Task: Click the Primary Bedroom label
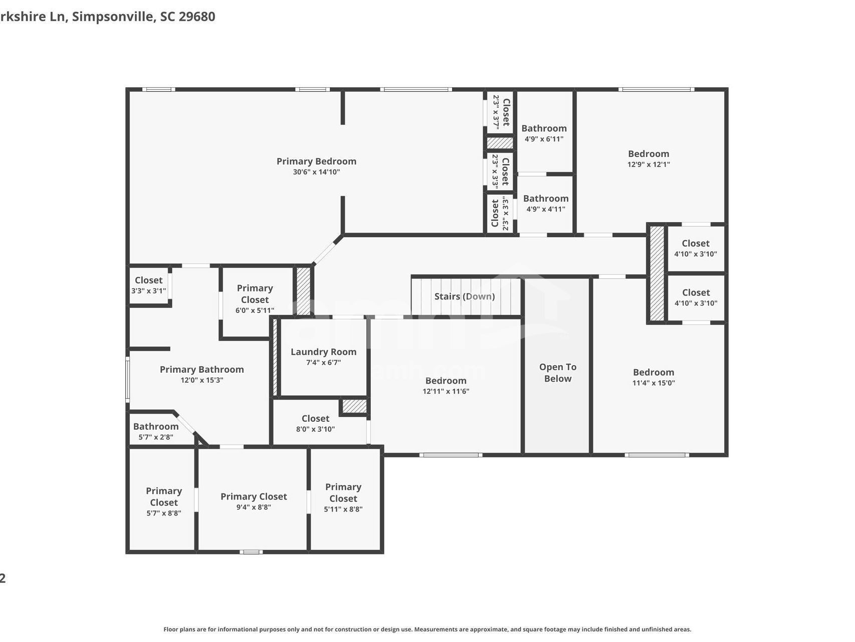[x=316, y=162]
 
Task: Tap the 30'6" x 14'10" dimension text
[x=316, y=172]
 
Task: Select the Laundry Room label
[x=323, y=352]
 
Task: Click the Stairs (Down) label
[x=465, y=296]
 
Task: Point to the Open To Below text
[x=557, y=373]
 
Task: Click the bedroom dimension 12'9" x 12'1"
[x=649, y=165]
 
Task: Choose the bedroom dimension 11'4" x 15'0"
[x=653, y=383]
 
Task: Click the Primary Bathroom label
[x=201, y=370]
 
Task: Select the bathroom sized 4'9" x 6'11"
[x=544, y=133]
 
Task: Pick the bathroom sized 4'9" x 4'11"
[x=545, y=204]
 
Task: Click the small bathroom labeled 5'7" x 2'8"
[x=156, y=431]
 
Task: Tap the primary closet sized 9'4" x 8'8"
[x=254, y=502]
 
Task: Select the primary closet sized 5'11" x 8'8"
[x=343, y=498]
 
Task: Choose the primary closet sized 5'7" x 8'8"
[x=163, y=502]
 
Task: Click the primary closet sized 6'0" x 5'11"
[x=255, y=299]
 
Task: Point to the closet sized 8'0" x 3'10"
[x=315, y=423]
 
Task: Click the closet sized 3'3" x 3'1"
[x=148, y=285]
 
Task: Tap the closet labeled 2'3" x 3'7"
[x=501, y=112]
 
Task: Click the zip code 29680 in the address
[x=196, y=17]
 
